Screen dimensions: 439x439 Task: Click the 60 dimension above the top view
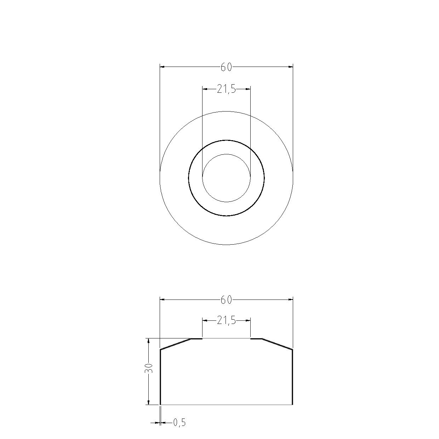click(226, 67)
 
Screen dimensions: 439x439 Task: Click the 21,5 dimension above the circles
click(226, 89)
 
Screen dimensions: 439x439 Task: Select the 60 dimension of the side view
click(226, 300)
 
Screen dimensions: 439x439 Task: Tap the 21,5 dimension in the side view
click(226, 321)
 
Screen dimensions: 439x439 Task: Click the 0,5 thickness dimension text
click(179, 423)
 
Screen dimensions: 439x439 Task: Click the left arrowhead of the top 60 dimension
click(162, 67)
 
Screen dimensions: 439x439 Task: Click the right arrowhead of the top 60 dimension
click(290, 67)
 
